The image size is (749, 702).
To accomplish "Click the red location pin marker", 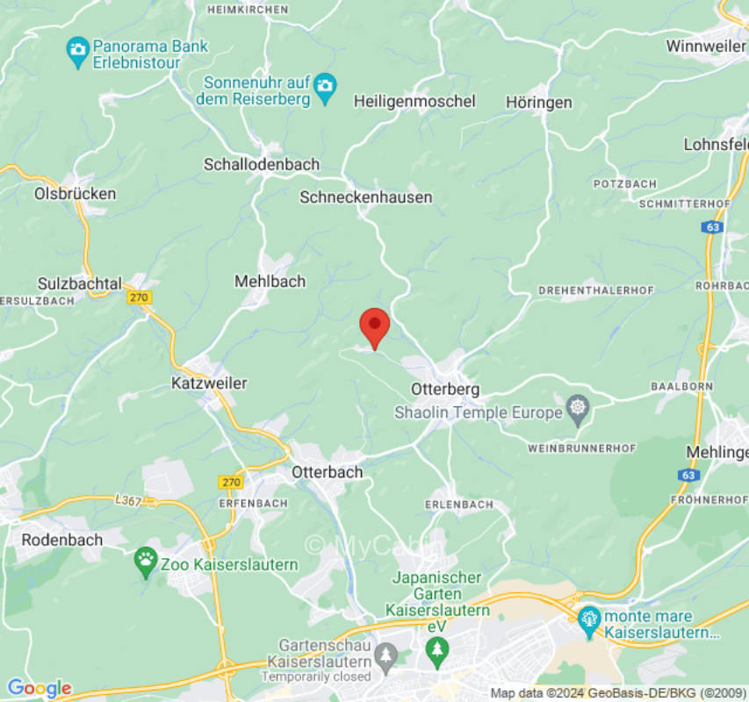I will (375, 326).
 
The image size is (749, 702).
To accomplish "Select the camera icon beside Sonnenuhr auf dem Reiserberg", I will (326, 85).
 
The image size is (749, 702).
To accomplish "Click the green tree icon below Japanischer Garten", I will (436, 649).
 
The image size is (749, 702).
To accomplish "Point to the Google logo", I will (39, 688).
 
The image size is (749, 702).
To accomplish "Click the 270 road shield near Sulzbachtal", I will (139, 297).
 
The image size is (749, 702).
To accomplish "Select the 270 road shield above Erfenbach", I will (230, 482).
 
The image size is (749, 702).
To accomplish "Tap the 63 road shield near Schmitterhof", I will (711, 226).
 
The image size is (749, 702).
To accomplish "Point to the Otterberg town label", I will (445, 388).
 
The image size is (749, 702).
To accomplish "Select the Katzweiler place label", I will (209, 383).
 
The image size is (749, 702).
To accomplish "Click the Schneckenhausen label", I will (366, 197).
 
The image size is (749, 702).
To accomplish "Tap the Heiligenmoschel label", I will (414, 102).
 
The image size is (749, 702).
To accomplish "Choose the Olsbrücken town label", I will (75, 193).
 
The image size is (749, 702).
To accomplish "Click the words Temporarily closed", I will (316, 677).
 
